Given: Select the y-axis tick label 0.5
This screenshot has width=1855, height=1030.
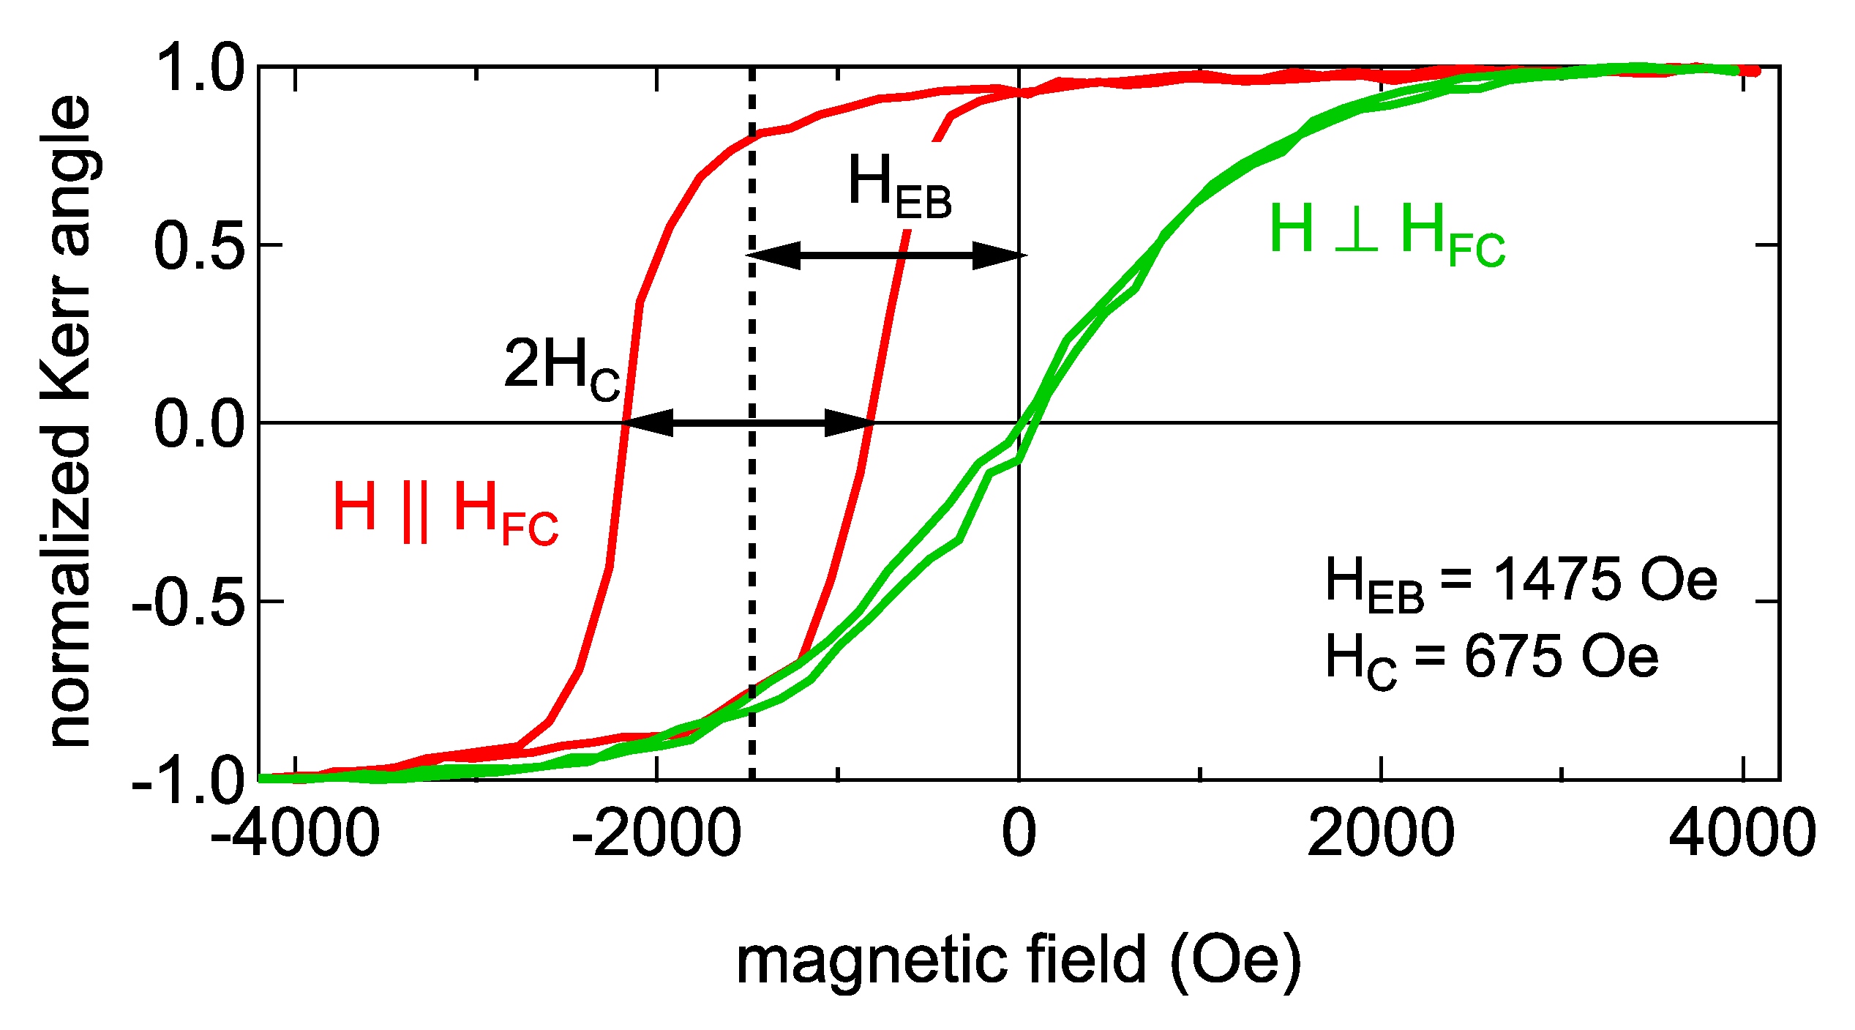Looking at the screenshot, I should (199, 245).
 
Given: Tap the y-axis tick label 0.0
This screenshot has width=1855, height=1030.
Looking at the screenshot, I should (199, 424).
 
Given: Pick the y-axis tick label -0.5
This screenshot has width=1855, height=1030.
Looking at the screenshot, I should (187, 602).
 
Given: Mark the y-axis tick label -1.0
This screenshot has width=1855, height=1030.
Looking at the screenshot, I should (187, 781).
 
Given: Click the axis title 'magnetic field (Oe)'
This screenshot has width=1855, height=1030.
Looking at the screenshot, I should (1019, 960).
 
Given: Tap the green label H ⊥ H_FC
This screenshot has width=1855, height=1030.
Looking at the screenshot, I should (1387, 233).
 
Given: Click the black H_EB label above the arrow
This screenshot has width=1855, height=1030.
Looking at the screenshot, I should (899, 187).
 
